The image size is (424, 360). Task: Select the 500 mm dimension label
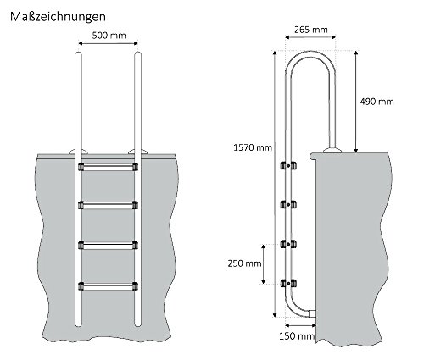[x=107, y=36]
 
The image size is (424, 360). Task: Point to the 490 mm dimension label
[x=375, y=102]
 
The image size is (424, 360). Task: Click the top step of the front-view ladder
[x=108, y=167]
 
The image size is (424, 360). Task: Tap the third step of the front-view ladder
[x=108, y=246]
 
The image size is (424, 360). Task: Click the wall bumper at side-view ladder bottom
[x=313, y=313]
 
